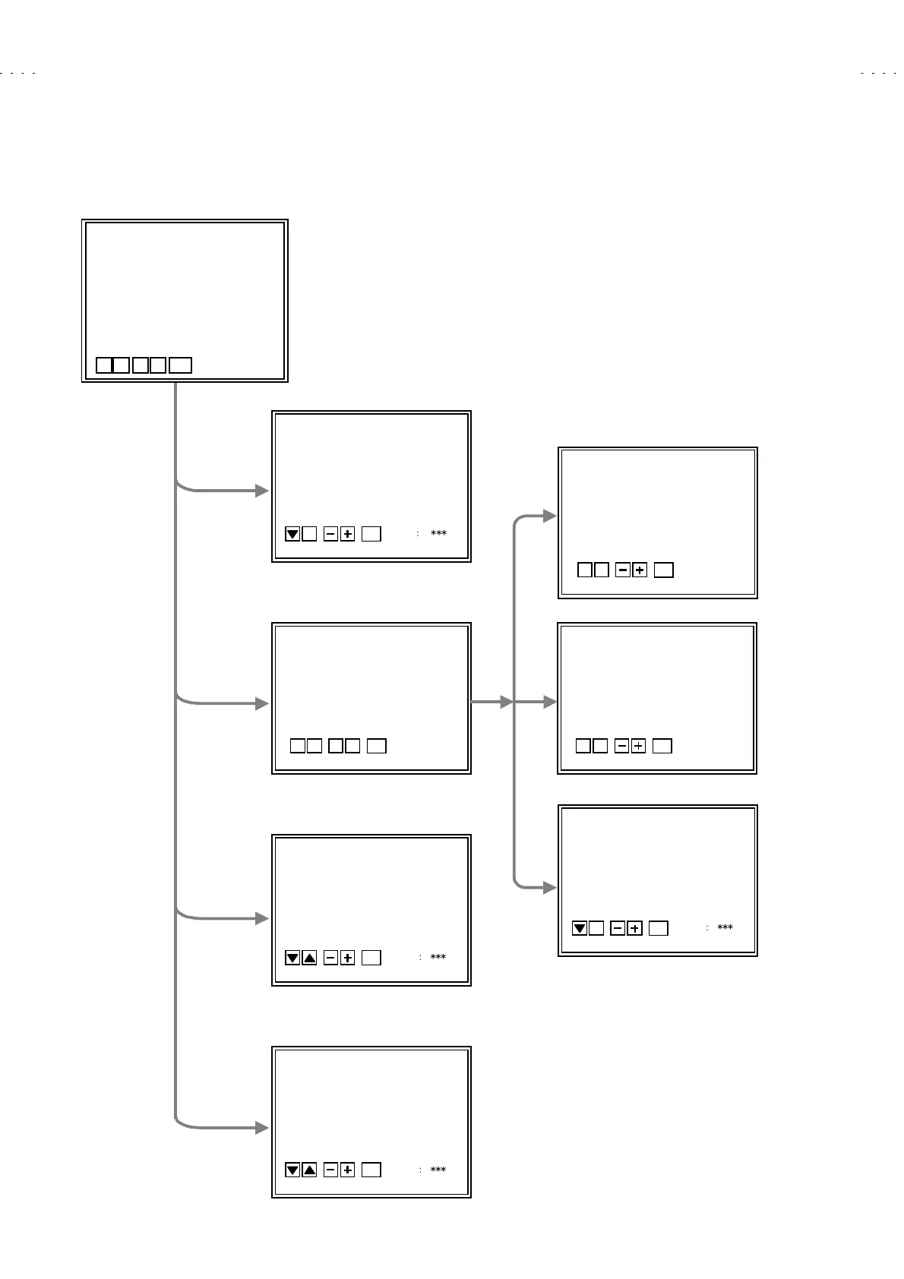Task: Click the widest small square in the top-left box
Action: point(180,365)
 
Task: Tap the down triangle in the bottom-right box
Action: point(579,928)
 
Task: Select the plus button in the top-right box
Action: point(640,570)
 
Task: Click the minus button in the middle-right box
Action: point(621,746)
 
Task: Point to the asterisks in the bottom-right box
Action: point(725,927)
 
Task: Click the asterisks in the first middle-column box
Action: point(438,534)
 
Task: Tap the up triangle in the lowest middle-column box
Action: point(309,1170)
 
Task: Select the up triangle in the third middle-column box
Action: point(309,958)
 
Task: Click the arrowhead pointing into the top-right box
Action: point(550,516)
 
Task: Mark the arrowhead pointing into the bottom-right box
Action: point(550,887)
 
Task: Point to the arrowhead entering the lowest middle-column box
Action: point(262,1128)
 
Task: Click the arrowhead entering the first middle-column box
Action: point(262,491)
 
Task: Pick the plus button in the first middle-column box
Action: point(347,534)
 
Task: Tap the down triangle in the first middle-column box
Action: point(292,534)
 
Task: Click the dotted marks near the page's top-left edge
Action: point(18,74)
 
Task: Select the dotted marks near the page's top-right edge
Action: point(878,74)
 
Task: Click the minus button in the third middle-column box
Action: point(330,958)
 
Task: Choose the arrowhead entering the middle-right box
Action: point(550,703)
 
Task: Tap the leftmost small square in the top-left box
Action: point(104,365)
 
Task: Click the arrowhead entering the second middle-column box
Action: point(262,703)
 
